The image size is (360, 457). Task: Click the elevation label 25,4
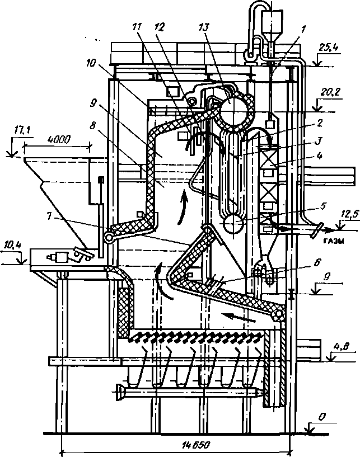click(x=328, y=48)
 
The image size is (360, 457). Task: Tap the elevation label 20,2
click(x=328, y=93)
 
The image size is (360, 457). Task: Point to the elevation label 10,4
click(x=12, y=246)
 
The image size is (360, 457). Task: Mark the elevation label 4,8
click(x=342, y=347)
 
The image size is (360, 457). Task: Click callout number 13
click(x=204, y=27)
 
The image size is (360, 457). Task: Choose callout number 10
click(x=91, y=63)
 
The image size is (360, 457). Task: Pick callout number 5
click(x=322, y=205)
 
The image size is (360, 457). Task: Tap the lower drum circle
click(x=233, y=223)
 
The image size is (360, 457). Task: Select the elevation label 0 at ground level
click(x=321, y=417)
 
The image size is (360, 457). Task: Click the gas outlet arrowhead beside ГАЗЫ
click(x=329, y=230)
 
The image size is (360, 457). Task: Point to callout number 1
click(x=303, y=29)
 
